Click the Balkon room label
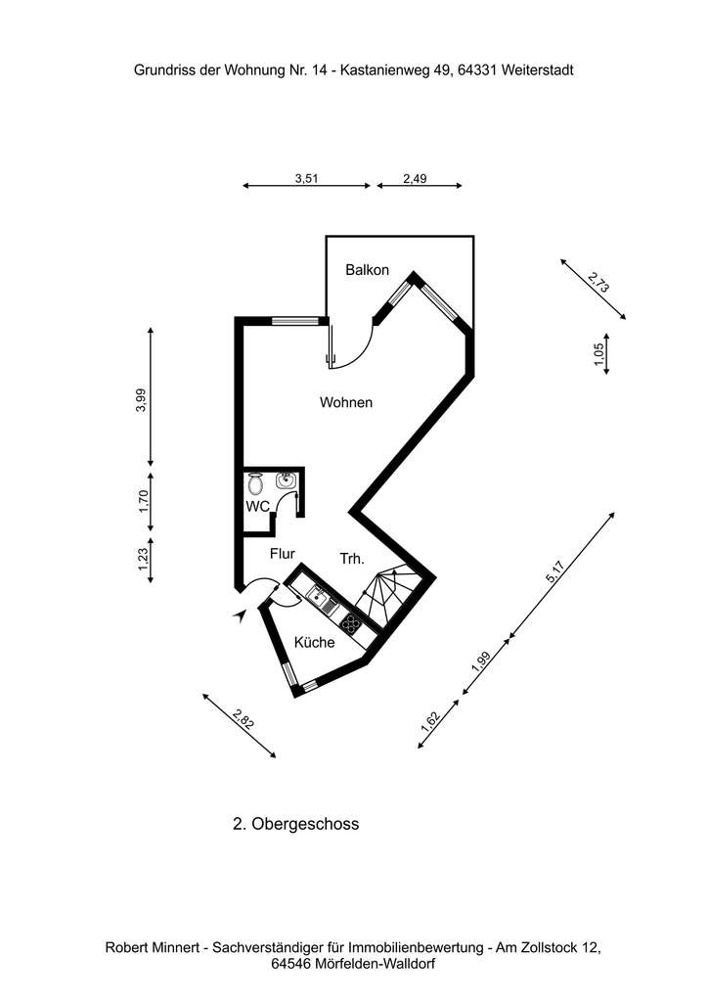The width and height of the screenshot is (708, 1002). pyautogui.click(x=368, y=270)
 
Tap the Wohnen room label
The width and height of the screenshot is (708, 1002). pyautogui.click(x=346, y=402)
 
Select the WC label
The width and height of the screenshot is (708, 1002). pyautogui.click(x=257, y=506)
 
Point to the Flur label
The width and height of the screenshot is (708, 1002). pyautogui.click(x=283, y=554)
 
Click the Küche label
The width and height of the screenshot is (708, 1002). pyautogui.click(x=315, y=643)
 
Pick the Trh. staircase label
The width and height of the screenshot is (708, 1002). pyautogui.click(x=352, y=559)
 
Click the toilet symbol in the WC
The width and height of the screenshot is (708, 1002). pyautogui.click(x=256, y=483)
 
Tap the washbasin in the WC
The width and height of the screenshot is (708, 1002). pyautogui.click(x=286, y=480)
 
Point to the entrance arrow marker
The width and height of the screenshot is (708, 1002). pyautogui.click(x=240, y=615)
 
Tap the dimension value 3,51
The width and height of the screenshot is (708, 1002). pyautogui.click(x=307, y=179)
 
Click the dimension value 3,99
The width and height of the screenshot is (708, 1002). pyautogui.click(x=141, y=400)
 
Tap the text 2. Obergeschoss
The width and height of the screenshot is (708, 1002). pyautogui.click(x=295, y=824)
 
